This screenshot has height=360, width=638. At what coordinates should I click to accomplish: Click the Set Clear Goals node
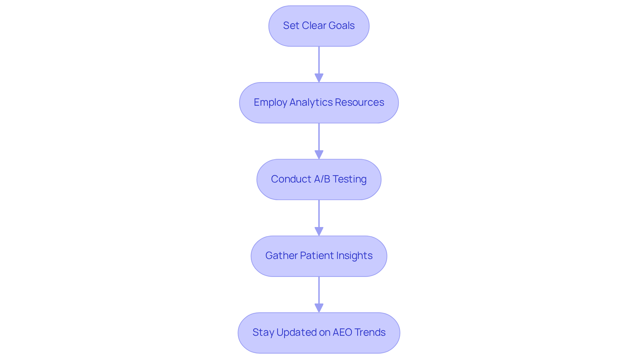pos(319,26)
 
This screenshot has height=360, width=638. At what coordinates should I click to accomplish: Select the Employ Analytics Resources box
pos(319,103)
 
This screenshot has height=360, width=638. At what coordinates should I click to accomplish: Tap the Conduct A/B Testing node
pos(319,180)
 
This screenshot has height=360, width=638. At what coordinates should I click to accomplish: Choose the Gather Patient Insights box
pos(319,256)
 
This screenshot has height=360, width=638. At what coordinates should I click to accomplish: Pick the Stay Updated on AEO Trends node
pos(319,333)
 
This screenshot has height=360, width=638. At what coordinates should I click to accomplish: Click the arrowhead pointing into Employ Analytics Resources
pos(319,78)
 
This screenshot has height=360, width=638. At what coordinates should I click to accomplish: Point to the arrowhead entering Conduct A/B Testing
pos(319,155)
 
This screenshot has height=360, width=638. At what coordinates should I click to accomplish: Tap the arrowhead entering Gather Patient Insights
pos(319,232)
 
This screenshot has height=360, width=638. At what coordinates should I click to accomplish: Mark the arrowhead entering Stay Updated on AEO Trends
pos(319,308)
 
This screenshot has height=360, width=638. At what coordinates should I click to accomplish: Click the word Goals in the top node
pos(341,26)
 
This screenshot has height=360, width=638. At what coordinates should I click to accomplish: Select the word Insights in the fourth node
pos(354,256)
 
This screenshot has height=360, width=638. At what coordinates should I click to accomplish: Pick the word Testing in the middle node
pos(349,179)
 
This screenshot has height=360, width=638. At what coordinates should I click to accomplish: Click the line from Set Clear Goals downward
pos(319,60)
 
